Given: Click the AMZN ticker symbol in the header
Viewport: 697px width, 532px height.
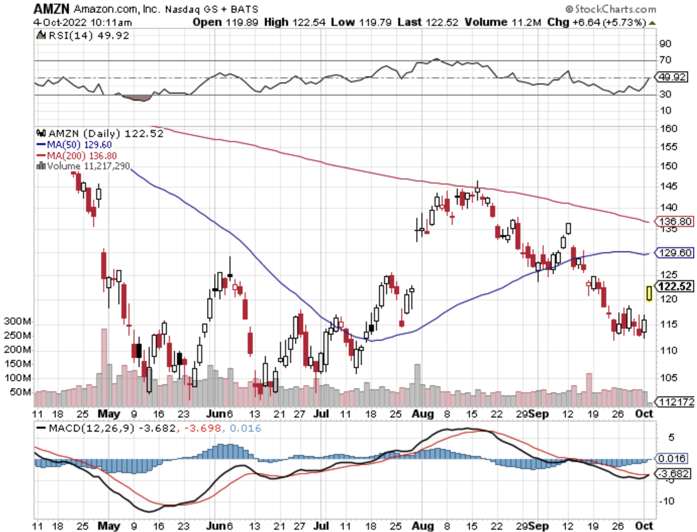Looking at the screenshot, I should tap(51, 8).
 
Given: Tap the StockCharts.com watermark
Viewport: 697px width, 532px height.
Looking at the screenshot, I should tap(611, 8).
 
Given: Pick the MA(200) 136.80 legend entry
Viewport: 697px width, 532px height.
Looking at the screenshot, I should tap(77, 156).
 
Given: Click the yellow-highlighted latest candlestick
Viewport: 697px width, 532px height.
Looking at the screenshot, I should tap(649, 293).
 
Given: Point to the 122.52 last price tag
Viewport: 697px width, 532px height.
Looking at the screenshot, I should tap(675, 287).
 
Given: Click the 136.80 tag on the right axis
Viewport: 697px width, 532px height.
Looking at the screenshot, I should tap(675, 221).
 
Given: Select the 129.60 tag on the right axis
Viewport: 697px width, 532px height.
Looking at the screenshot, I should tap(675, 253).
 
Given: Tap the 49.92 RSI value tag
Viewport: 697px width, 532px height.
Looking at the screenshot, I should tap(672, 77).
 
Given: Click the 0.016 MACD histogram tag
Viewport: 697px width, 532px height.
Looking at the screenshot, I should tap(672, 458).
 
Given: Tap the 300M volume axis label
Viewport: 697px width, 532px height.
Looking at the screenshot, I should tap(17, 321).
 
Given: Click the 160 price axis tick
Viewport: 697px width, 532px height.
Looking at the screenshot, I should tap(669, 129).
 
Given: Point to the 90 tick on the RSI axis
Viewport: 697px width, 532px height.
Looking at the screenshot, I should tap(665, 44).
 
